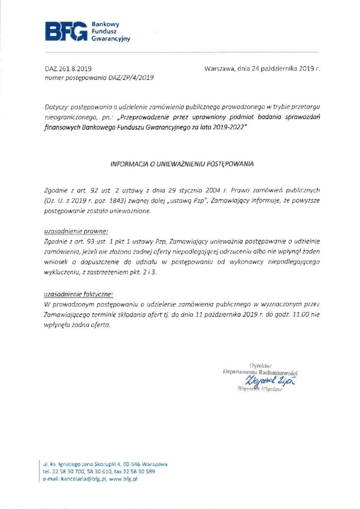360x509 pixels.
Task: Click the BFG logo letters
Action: [x=65, y=31]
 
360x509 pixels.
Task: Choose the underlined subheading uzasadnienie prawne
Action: [x=69, y=232]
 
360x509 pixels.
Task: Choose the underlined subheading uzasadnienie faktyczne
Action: [x=72, y=293]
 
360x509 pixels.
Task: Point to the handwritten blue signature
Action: [x=267, y=381]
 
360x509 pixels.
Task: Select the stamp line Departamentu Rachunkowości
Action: [x=261, y=372]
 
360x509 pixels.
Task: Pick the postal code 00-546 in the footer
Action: [x=135, y=464]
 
